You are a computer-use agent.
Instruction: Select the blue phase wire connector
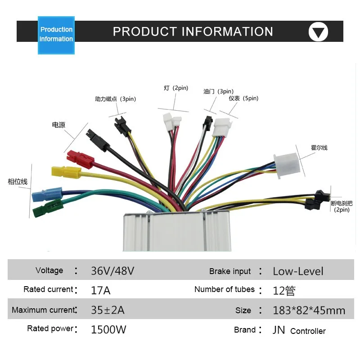tap(43, 195)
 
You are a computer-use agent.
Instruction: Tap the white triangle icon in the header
tap(318, 32)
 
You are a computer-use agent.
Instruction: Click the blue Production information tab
tap(56, 34)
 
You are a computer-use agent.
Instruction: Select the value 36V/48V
tap(112, 271)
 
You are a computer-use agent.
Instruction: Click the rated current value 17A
tap(100, 290)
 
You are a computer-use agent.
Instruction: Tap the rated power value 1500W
tap(108, 330)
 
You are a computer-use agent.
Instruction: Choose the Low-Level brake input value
tap(298, 271)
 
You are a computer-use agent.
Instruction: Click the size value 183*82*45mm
tap(309, 310)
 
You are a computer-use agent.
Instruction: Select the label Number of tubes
tap(224, 289)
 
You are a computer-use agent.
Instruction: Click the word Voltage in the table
tap(49, 270)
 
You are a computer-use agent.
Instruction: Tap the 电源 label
tap(58, 125)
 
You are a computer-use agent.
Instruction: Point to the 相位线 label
tap(18, 182)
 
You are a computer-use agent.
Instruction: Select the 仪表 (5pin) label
tap(243, 99)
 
